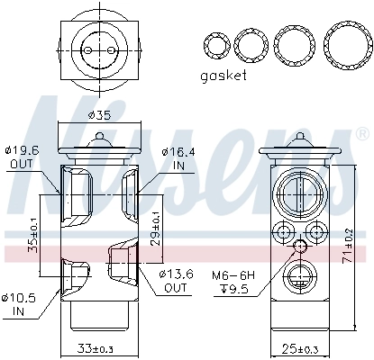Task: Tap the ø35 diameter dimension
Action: (99, 115)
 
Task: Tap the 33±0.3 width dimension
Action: (99, 347)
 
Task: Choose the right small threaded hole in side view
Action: (316, 234)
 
